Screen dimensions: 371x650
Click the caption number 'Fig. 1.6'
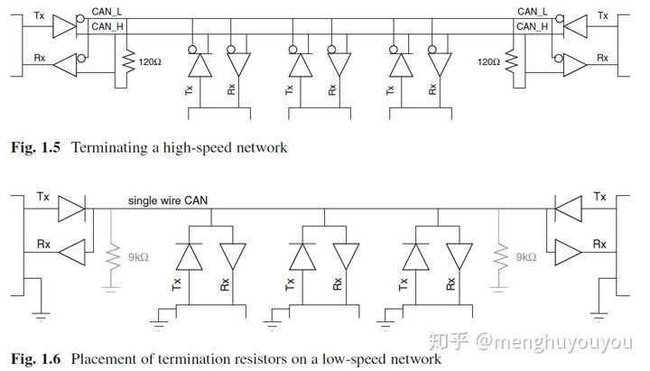[29, 359]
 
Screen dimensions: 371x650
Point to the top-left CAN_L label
[107, 12]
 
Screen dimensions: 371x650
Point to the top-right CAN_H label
[533, 26]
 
